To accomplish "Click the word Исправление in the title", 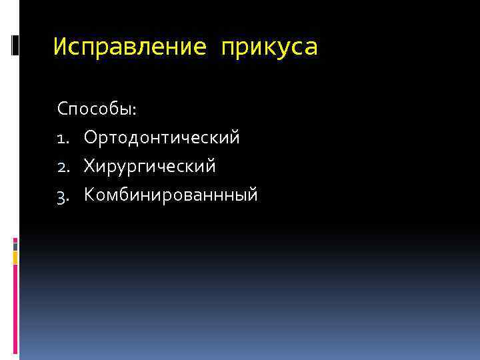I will tap(126, 47).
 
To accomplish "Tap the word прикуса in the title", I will tap(270, 48).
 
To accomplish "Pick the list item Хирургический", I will tap(150, 166).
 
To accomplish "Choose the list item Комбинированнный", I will tap(171, 195).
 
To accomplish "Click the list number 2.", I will tap(63, 166).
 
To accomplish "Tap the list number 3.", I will tap(63, 195).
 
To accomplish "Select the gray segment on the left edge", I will tap(15, 245).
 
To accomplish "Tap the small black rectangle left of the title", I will tap(16, 45).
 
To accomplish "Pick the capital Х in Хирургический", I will tap(89, 166).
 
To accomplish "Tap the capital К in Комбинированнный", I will tap(89, 195).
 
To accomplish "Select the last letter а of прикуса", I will tap(311, 48).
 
